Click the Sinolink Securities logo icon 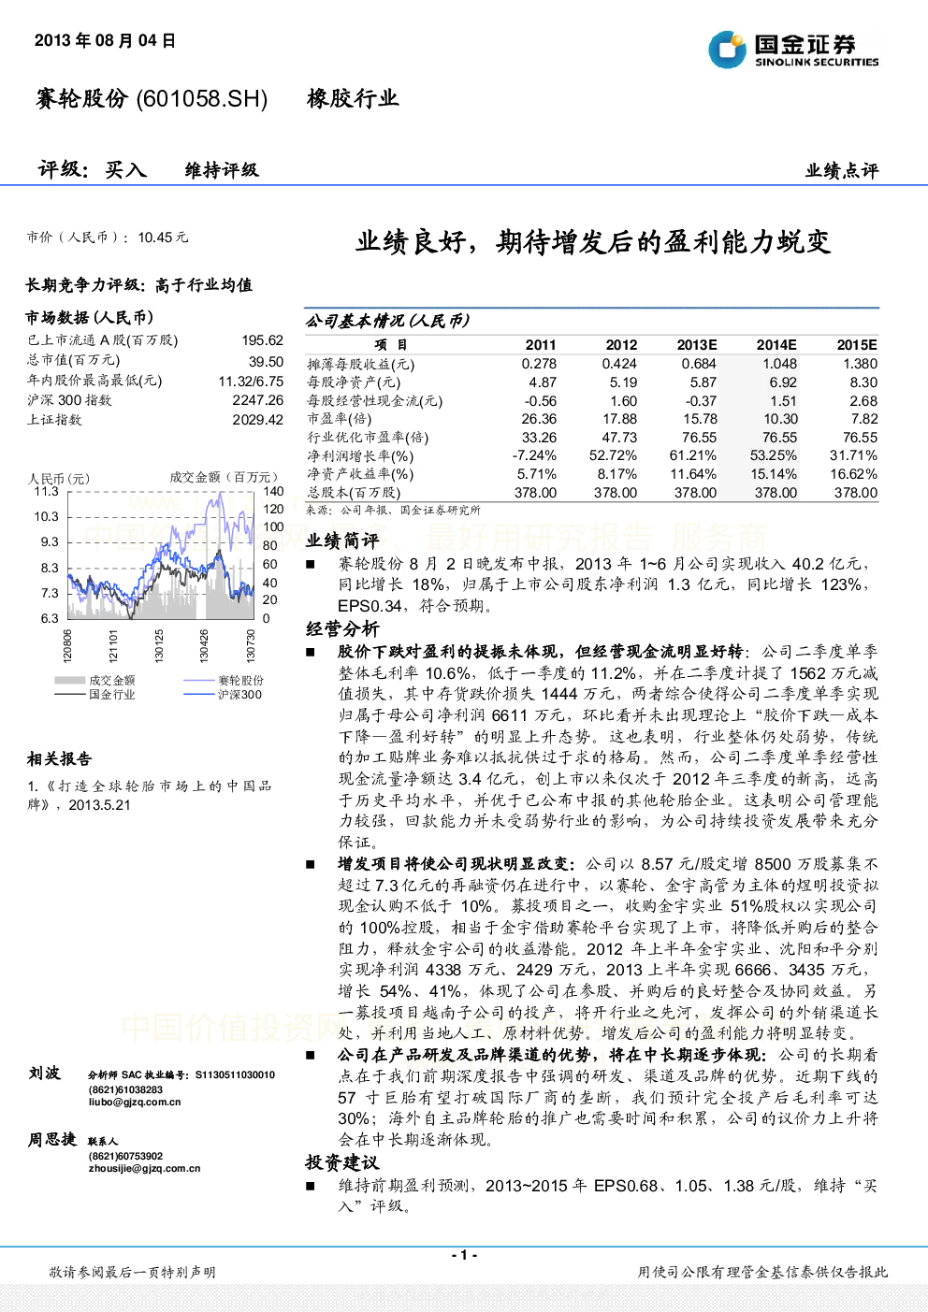(x=727, y=50)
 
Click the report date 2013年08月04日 (x=105, y=40)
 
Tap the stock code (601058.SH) (x=201, y=99)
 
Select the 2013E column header (x=697, y=345)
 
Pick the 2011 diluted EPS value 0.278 (x=539, y=364)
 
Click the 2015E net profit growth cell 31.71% (x=853, y=455)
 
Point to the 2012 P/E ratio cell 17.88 (x=619, y=419)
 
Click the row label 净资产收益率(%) (x=360, y=474)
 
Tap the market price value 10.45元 (x=163, y=238)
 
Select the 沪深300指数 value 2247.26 (x=258, y=400)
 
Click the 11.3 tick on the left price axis (x=46, y=491)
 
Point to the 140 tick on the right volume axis (x=273, y=491)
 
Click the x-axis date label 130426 (x=204, y=645)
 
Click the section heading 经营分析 (x=342, y=629)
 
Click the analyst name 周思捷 (x=52, y=1139)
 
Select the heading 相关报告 (x=59, y=759)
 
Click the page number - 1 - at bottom (x=465, y=1255)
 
